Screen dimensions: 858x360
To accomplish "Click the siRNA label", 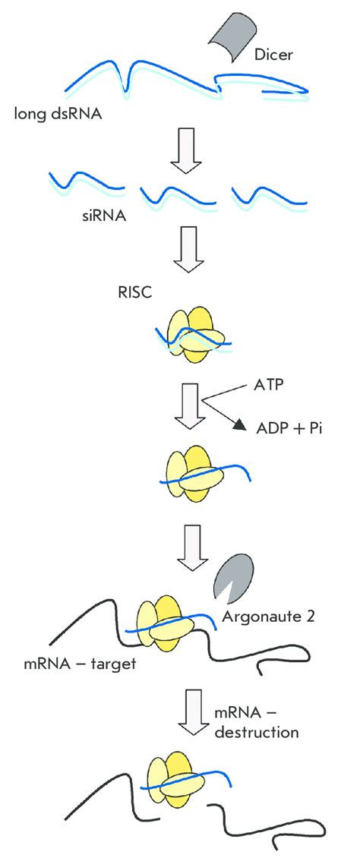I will click(x=105, y=214).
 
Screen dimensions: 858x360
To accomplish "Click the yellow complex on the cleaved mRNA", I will click(x=188, y=782).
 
